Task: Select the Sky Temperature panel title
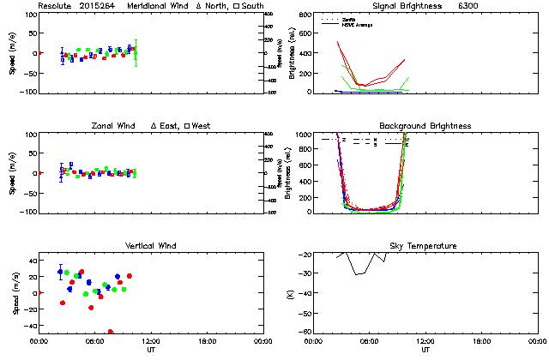[x=425, y=246]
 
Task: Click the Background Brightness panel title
[x=425, y=126]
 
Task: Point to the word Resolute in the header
[x=56, y=6]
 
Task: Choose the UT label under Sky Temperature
[x=425, y=349]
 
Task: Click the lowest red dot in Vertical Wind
[x=111, y=331]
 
